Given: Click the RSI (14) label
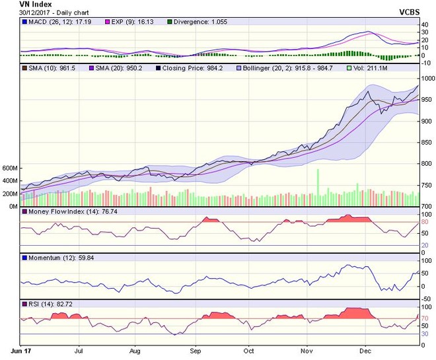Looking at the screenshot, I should point(44,302).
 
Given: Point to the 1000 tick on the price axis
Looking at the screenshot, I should point(428,78).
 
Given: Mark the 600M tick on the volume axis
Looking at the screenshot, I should point(10,168).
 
